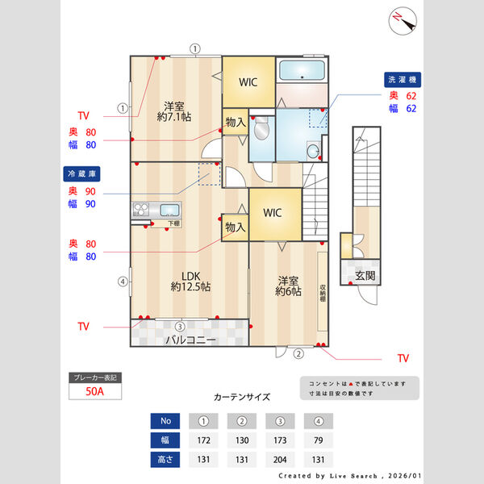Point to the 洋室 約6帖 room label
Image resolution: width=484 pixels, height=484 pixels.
[x=289, y=286]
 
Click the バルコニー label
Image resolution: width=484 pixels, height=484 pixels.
[x=190, y=340]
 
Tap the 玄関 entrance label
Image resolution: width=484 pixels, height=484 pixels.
[x=365, y=277]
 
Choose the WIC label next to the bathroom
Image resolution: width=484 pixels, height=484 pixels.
[x=248, y=81]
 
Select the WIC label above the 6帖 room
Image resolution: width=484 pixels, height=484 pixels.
[x=272, y=213]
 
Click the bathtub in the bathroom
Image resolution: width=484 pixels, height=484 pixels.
[x=302, y=71]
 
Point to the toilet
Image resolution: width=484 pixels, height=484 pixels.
[x=262, y=129]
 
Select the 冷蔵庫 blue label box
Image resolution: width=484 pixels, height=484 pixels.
[x=81, y=173]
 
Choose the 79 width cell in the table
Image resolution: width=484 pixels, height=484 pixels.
[x=318, y=440]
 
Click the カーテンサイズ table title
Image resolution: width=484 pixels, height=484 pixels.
[x=242, y=397]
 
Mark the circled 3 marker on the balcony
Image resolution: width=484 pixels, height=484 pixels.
[x=180, y=326]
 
